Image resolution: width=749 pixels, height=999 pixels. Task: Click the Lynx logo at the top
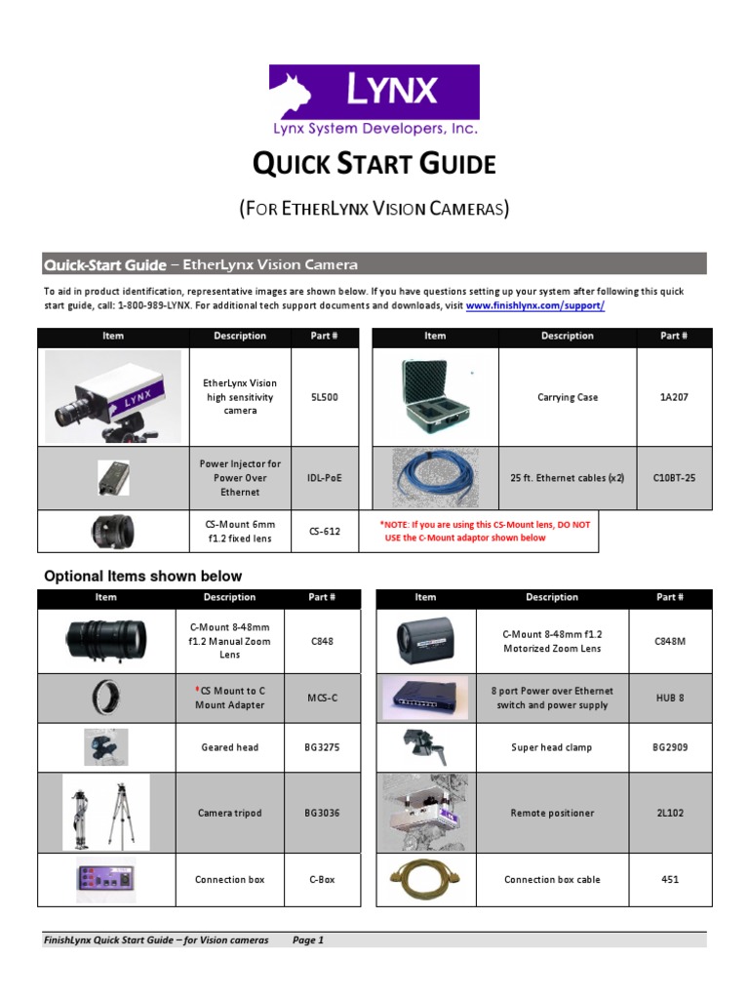point(374,100)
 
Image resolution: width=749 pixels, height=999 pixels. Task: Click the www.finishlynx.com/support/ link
point(535,305)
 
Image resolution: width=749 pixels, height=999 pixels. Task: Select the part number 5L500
point(326,398)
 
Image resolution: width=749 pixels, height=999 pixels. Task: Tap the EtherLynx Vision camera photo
point(112,397)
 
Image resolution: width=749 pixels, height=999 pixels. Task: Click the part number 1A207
point(673,398)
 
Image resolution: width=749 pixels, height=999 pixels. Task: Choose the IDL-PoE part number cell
point(326,478)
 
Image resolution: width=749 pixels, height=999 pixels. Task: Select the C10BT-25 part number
point(673,478)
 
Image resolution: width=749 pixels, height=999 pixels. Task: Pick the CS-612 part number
point(326,532)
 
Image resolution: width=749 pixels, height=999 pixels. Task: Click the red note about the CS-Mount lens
point(485,532)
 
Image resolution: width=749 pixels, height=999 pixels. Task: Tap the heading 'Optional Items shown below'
point(143,576)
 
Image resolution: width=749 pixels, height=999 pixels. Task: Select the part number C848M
point(669,642)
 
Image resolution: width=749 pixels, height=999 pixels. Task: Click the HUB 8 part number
point(669,698)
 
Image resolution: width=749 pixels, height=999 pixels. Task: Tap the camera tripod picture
point(106,813)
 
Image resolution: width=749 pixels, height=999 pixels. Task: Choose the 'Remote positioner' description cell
point(552,813)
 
